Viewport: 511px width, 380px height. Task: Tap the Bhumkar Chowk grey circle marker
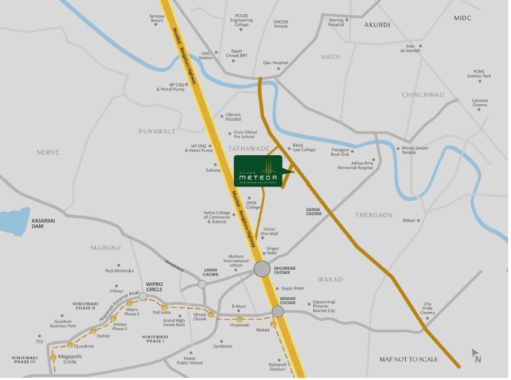[x=262, y=269]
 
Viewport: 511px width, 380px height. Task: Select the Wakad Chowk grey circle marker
[x=278, y=311]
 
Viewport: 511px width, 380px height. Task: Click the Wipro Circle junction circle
[x=143, y=296]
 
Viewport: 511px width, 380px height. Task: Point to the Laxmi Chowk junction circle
[x=202, y=284]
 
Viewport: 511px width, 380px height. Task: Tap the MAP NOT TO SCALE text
[x=409, y=360]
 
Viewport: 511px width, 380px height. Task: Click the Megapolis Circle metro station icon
[x=53, y=358]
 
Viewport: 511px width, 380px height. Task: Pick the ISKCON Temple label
[x=280, y=24]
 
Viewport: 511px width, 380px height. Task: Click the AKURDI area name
[x=377, y=25]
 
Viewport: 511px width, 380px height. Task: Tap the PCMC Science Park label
[x=479, y=73]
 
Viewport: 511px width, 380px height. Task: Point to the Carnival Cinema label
[x=480, y=103]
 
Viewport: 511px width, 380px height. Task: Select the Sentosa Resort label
[x=157, y=19]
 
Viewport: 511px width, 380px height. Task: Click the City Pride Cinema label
[x=427, y=308]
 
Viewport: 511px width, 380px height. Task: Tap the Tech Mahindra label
[x=119, y=271]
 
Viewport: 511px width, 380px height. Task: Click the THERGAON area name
[x=374, y=215]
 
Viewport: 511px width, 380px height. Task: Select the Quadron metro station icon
[x=70, y=345]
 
